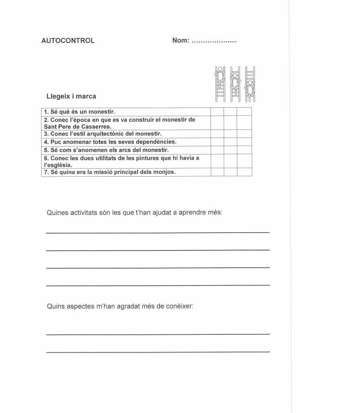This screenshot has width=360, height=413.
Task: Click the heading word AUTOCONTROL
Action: (x=68, y=40)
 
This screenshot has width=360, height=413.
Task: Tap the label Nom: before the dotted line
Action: (x=181, y=40)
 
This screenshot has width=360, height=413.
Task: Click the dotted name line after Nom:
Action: (x=214, y=41)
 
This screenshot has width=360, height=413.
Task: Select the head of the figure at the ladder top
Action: (x=220, y=69)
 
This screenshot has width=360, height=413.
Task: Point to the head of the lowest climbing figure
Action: (x=250, y=83)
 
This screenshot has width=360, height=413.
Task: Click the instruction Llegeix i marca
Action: (x=71, y=96)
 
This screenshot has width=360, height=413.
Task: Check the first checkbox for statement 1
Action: (x=217, y=112)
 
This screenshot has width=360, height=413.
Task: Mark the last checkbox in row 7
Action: (x=244, y=172)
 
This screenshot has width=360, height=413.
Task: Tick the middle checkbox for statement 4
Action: (x=231, y=142)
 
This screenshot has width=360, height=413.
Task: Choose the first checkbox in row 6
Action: (x=217, y=161)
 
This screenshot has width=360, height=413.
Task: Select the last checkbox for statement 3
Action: (x=244, y=134)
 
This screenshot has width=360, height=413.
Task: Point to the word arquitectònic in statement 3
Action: (x=103, y=134)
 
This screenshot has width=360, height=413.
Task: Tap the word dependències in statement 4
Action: (x=156, y=142)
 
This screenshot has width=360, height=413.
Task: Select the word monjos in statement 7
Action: (x=166, y=172)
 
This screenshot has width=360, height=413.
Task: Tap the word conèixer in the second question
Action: (x=181, y=306)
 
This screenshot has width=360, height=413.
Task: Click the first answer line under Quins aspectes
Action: (x=158, y=334)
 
